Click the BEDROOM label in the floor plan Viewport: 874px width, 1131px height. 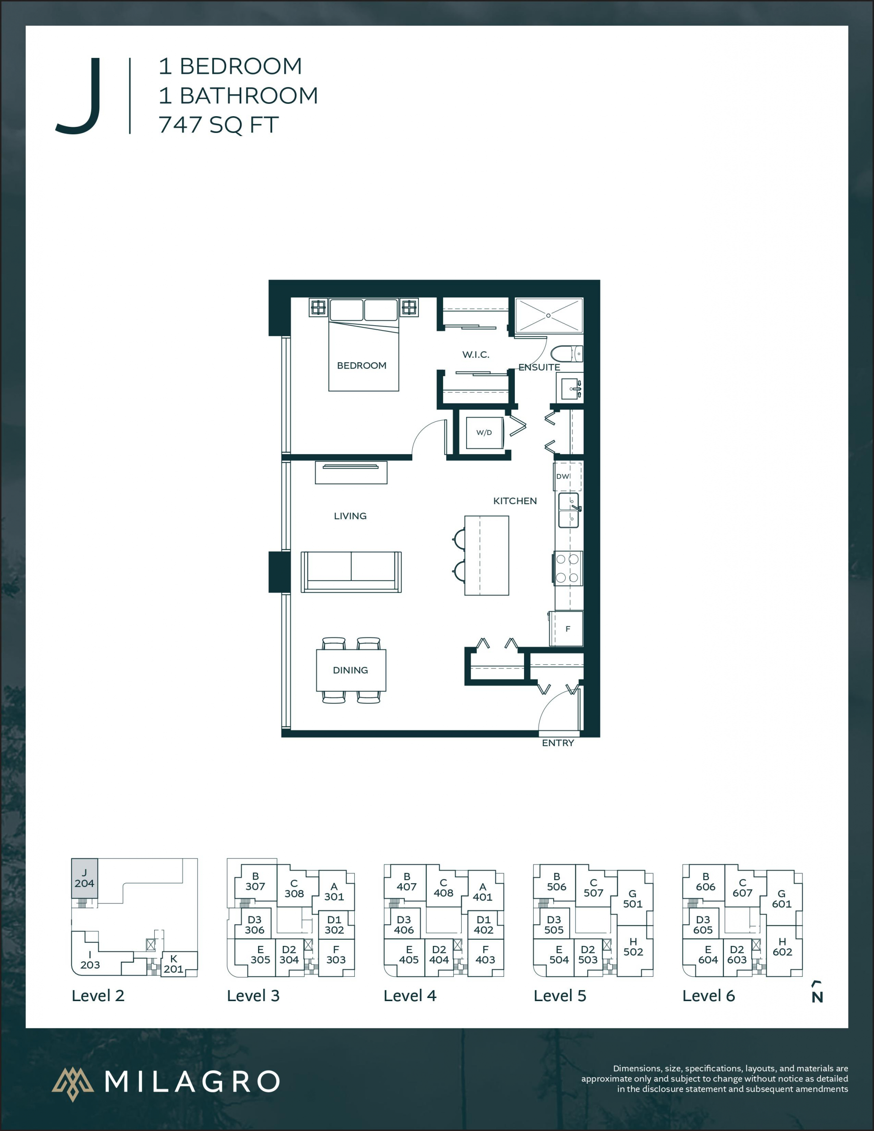[x=361, y=366]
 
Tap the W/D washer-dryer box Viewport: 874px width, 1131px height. [x=484, y=433]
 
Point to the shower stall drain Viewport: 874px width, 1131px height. [x=549, y=315]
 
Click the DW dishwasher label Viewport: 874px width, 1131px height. [x=562, y=476]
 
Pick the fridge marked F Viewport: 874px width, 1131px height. [x=568, y=629]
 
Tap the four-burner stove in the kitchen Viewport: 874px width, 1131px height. [x=567, y=568]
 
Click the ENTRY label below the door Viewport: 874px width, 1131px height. [x=558, y=743]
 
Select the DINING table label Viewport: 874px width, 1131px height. [x=351, y=670]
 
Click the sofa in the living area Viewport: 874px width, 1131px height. [x=351, y=572]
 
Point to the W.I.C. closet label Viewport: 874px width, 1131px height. [x=475, y=355]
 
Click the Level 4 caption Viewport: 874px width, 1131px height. [x=410, y=996]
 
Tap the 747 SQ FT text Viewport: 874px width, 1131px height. [x=219, y=125]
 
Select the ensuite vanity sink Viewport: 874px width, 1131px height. [x=571, y=387]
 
